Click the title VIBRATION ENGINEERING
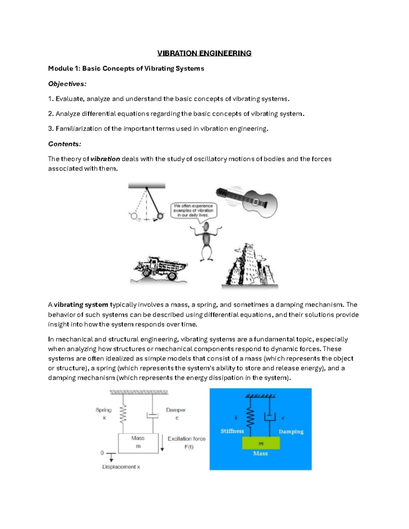[204, 53]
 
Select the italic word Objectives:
[67, 84]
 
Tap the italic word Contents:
[64, 144]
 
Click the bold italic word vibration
[105, 159]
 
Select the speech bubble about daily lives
[193, 211]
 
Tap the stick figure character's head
[206, 228]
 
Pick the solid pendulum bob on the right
[160, 216]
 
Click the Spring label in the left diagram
[104, 410]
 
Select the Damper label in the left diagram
[176, 410]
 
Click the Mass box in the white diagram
[138, 443]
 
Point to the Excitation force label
[186, 439]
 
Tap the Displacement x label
[121, 467]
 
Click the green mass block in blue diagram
[261, 443]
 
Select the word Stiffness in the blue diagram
[232, 431]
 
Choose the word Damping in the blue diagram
[291, 431]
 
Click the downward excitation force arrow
[163, 443]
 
